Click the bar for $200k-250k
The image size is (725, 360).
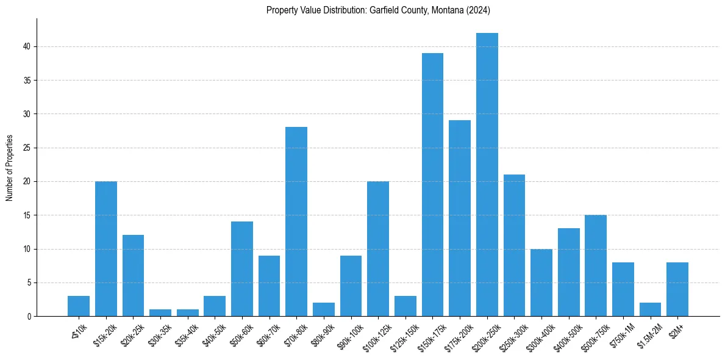(487, 175)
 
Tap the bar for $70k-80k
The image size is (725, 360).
(296, 221)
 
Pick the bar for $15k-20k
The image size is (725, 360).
(106, 249)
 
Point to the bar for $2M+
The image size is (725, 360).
(677, 289)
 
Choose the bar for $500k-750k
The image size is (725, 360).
(596, 265)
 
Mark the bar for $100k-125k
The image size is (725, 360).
(378, 249)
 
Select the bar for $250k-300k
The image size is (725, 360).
(514, 245)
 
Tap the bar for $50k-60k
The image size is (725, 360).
(242, 269)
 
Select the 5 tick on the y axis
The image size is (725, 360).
(32, 283)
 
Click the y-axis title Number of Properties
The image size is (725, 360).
(9, 167)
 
